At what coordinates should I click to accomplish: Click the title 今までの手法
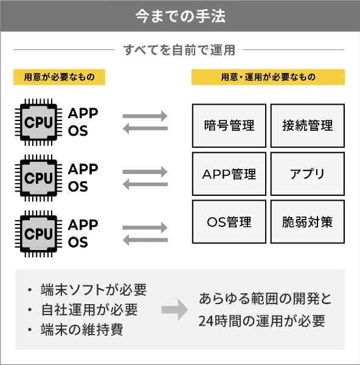click(x=180, y=15)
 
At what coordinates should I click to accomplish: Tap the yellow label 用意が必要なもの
click(x=59, y=77)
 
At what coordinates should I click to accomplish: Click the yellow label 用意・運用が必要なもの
click(x=268, y=77)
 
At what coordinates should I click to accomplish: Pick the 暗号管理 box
click(x=229, y=126)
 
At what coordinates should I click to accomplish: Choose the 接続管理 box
click(x=307, y=126)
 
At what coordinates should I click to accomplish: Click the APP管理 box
click(x=229, y=174)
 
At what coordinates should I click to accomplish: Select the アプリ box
click(x=307, y=174)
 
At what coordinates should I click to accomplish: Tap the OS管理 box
click(x=229, y=222)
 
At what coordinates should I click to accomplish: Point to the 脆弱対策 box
click(x=307, y=222)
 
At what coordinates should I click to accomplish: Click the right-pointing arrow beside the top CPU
click(x=145, y=116)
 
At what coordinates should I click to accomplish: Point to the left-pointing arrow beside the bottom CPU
click(x=145, y=240)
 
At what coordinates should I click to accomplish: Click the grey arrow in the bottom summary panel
click(x=175, y=310)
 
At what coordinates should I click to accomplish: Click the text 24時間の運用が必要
click(x=261, y=321)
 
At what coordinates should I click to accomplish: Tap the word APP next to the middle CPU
click(x=83, y=169)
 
